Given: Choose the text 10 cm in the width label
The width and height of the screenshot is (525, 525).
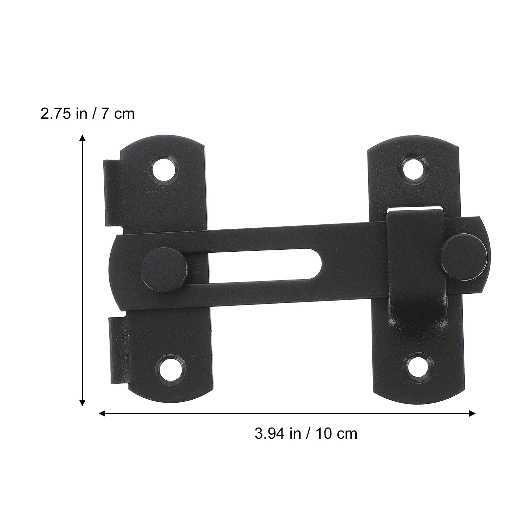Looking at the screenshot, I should click(x=337, y=434).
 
